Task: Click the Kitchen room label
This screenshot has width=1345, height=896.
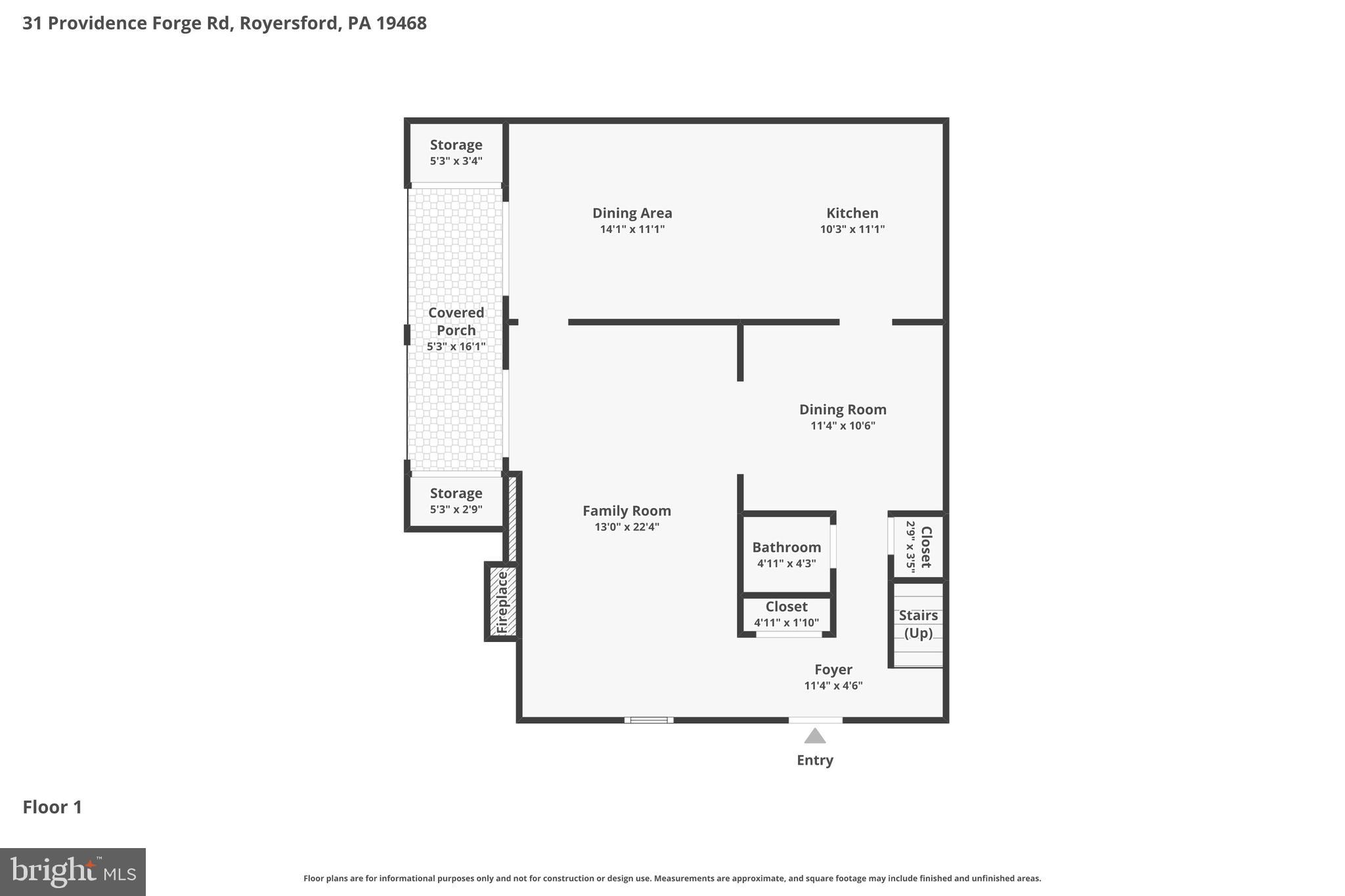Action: point(852,213)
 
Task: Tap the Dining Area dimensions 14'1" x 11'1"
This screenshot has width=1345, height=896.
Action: point(632,229)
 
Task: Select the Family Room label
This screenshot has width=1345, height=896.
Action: point(627,511)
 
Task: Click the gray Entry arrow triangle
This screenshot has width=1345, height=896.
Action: point(814,736)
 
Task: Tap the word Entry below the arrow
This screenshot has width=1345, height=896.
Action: point(814,760)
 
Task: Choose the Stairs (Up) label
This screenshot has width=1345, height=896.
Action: point(918,624)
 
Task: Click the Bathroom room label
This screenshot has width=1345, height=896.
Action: point(786,547)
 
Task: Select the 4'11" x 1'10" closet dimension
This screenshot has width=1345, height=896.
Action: point(786,623)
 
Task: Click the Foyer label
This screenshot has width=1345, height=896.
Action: point(833,670)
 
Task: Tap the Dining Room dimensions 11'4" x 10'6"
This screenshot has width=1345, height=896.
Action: point(843,425)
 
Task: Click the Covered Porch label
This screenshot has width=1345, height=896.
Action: point(456,322)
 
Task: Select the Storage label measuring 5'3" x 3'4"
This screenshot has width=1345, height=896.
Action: point(456,145)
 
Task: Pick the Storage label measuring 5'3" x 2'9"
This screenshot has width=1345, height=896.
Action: point(456,493)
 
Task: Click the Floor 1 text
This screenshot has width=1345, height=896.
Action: point(53,807)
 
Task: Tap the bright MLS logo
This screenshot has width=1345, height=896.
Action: point(73,872)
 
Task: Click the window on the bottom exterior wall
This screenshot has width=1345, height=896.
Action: point(648,720)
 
